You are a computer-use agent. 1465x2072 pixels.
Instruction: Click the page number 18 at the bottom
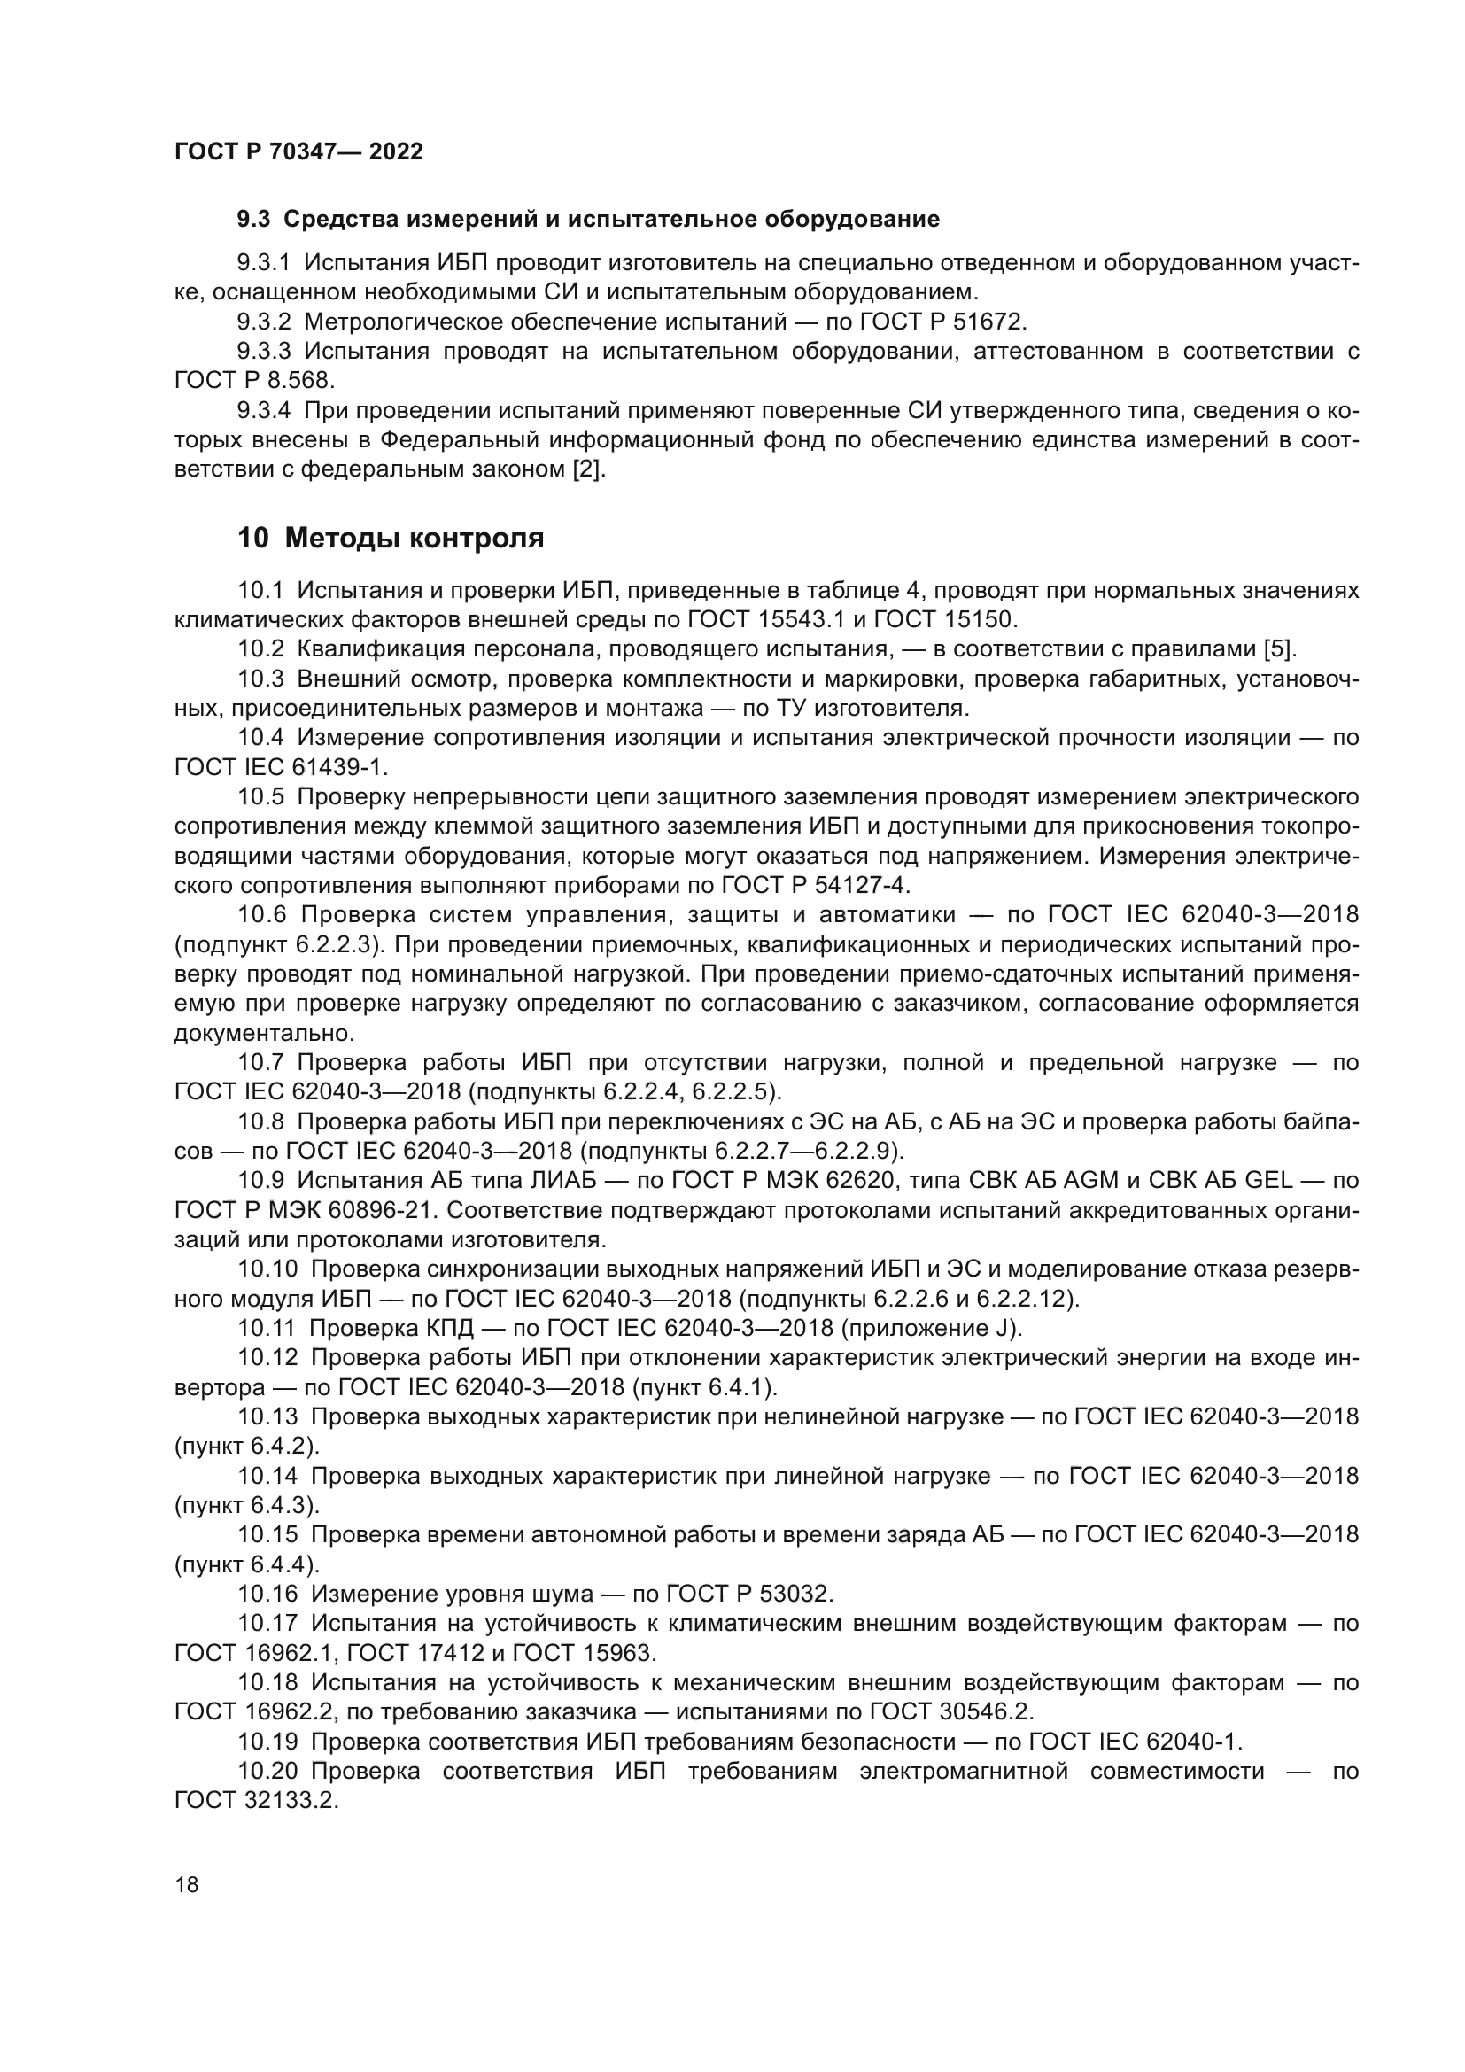tap(187, 1884)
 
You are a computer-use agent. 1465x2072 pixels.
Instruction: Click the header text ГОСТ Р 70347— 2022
tap(298, 151)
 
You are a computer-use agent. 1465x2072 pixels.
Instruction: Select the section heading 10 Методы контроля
tap(391, 538)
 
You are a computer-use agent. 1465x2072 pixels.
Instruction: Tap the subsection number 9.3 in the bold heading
tap(253, 220)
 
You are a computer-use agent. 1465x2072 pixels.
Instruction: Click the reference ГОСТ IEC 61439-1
tap(281, 767)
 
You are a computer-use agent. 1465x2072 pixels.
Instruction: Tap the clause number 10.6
tap(261, 915)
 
